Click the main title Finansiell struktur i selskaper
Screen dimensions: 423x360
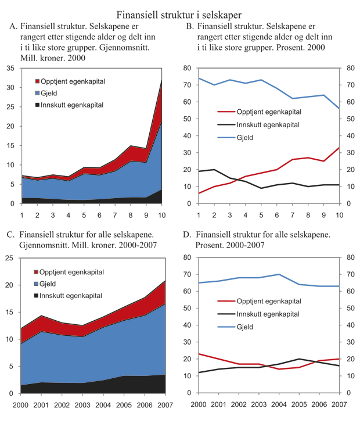(x=179, y=13)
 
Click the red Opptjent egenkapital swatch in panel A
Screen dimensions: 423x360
(x=38, y=81)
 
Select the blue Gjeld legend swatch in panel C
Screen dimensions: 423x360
(x=38, y=284)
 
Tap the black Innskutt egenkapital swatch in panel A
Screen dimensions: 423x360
(x=38, y=105)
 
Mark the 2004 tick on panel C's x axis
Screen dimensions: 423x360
(x=103, y=404)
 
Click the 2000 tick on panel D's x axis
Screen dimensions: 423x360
(x=199, y=404)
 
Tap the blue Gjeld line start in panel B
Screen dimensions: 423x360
(x=199, y=78)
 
